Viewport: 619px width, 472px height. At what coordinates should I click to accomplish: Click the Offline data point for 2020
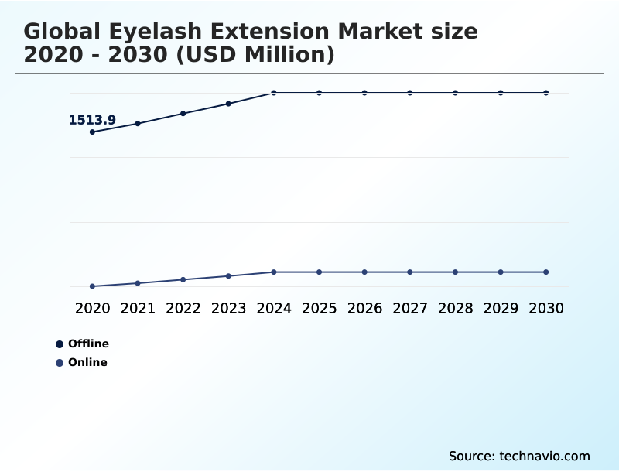(x=92, y=132)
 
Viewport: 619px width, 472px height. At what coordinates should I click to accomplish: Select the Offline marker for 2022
(x=183, y=113)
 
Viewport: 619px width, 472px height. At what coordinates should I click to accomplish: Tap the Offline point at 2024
(x=274, y=93)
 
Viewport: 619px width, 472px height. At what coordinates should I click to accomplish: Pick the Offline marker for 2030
(x=545, y=93)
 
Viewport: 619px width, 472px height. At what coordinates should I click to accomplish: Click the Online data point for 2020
(x=92, y=286)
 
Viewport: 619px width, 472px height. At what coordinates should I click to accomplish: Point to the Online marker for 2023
(x=228, y=275)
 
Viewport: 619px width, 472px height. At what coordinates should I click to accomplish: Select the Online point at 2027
(x=410, y=272)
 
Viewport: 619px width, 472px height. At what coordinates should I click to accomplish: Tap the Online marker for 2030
(x=545, y=272)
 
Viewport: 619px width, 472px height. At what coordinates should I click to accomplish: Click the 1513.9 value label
(x=92, y=120)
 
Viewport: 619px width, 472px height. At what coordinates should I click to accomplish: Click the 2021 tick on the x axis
(x=138, y=308)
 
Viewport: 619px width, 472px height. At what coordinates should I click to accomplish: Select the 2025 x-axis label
(x=319, y=308)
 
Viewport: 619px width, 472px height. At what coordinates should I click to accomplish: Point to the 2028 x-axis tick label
(x=455, y=308)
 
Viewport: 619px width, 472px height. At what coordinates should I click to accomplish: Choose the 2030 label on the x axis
(x=545, y=308)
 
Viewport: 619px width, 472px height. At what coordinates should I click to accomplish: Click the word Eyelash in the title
(x=149, y=32)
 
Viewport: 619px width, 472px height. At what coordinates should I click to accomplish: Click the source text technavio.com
(x=545, y=456)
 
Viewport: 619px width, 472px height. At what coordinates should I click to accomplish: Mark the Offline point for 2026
(x=364, y=93)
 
